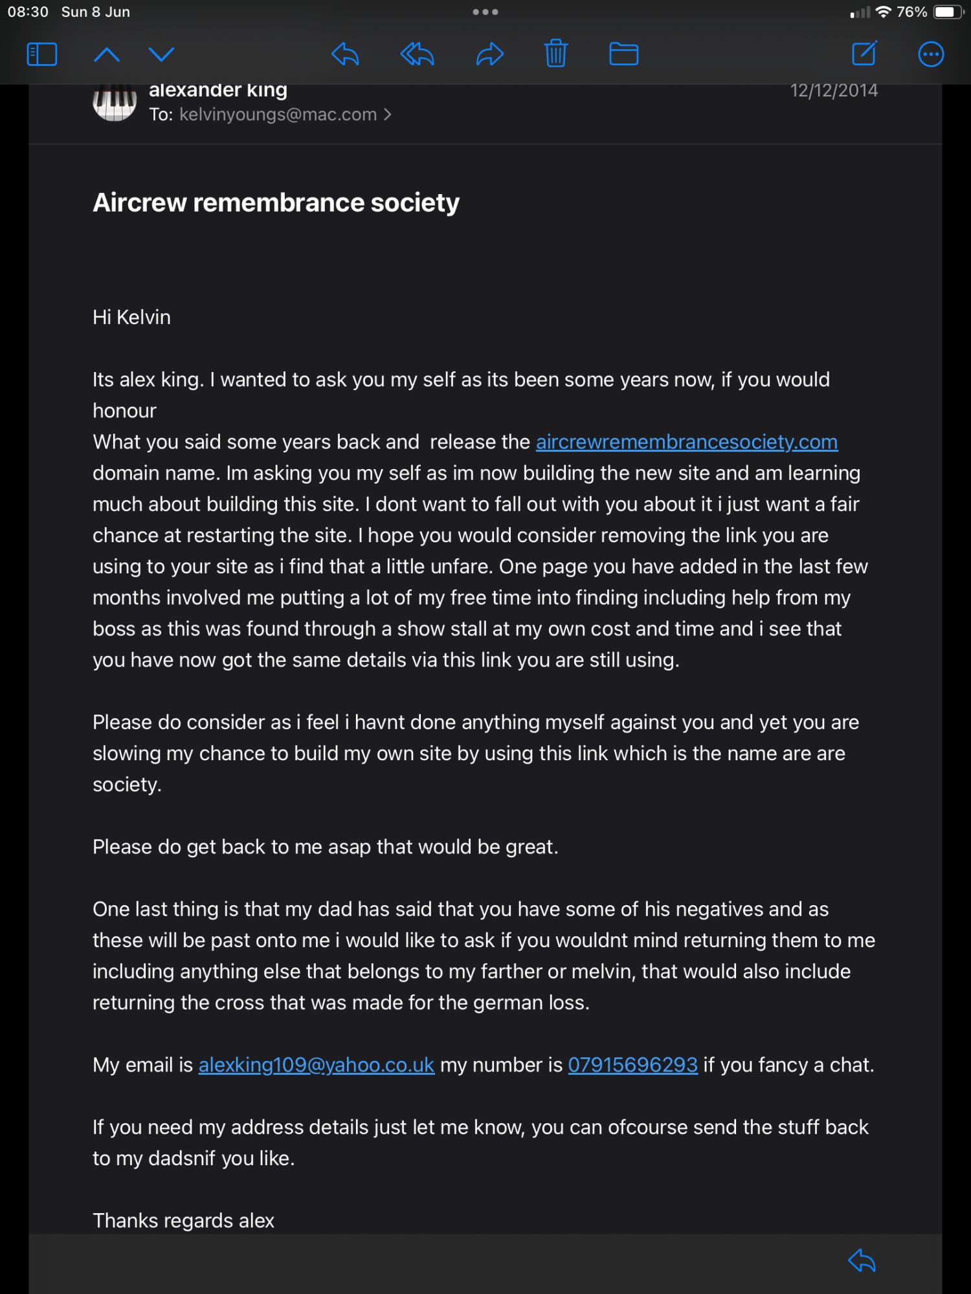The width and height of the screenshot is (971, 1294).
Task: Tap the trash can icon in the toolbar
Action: click(555, 54)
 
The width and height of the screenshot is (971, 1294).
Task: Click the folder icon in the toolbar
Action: click(623, 54)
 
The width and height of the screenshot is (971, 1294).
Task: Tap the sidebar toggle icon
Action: click(42, 54)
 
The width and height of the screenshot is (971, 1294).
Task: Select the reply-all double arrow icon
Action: click(417, 54)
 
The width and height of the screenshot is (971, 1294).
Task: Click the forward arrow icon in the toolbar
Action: click(489, 54)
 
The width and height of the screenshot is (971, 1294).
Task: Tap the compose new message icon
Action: click(864, 54)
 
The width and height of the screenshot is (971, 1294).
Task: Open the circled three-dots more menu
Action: click(931, 54)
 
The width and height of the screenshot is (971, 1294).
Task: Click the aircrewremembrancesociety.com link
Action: click(686, 442)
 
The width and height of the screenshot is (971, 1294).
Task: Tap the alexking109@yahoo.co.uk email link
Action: click(316, 1065)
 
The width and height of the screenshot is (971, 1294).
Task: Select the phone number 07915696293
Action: click(632, 1065)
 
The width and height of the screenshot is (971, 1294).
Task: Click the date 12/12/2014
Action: click(834, 91)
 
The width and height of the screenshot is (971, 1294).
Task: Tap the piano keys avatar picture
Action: click(115, 102)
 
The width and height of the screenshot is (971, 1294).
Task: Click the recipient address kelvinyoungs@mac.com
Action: click(278, 115)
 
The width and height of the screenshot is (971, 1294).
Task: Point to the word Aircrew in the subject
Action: click(140, 203)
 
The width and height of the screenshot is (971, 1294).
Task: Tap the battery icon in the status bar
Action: click(948, 12)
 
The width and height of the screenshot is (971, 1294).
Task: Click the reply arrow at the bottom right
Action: click(862, 1260)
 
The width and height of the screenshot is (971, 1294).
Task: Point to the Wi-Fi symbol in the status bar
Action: click(883, 12)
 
